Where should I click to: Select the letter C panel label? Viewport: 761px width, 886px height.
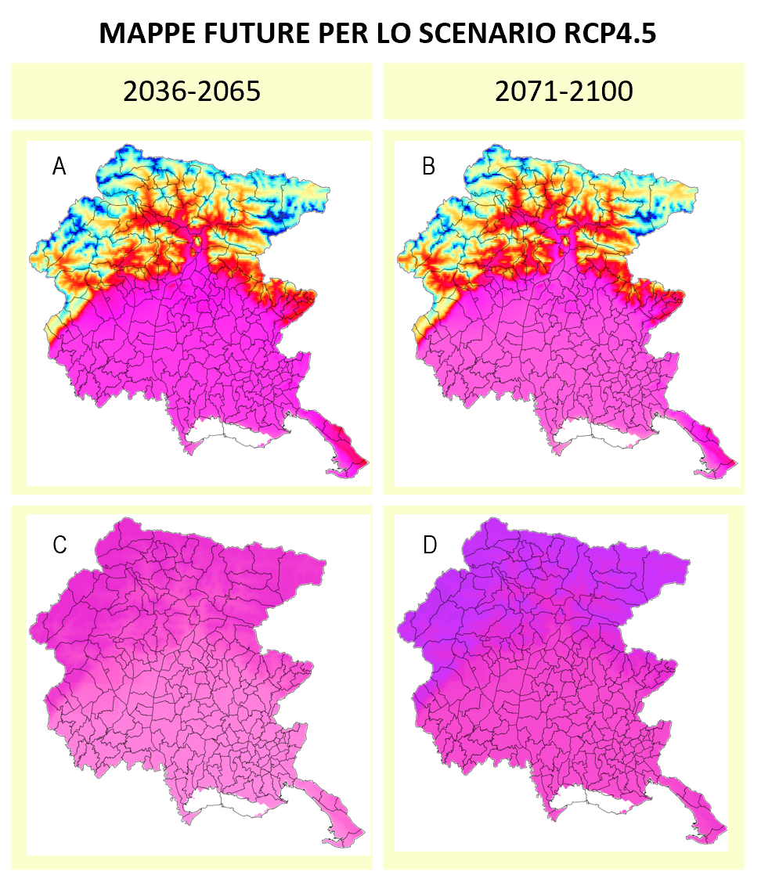coord(60,546)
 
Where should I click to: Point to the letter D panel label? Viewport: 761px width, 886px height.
coord(430,545)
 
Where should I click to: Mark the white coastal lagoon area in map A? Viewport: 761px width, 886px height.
coord(227,432)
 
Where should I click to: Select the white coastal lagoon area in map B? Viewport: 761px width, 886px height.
coord(597,432)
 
